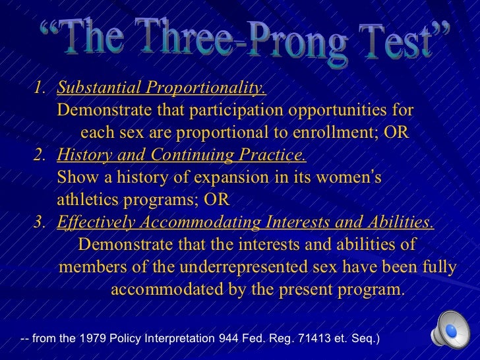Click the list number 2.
42,155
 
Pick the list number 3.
42,223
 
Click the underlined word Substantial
99,88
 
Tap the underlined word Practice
276,155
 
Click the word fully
438,267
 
